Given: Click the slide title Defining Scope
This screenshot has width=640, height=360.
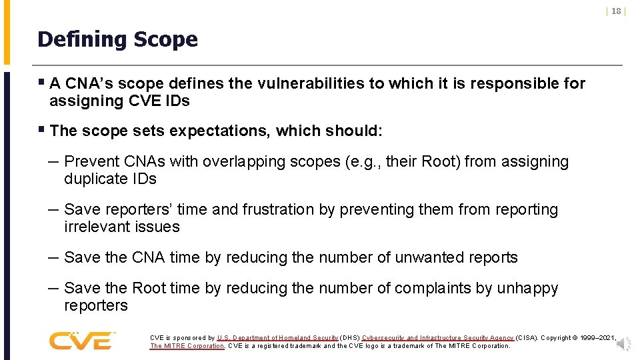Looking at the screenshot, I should pyautogui.click(x=117, y=39).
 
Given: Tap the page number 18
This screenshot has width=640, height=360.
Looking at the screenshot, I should pyautogui.click(x=616, y=11).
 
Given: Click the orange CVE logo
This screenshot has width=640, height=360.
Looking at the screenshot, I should pyautogui.click(x=81, y=341).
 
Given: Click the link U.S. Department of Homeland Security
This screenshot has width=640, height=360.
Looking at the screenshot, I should pyautogui.click(x=278, y=338).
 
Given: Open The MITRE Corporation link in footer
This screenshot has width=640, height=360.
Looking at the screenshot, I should pyautogui.click(x=187, y=346).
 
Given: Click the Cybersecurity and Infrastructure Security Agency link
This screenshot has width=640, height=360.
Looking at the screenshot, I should pyautogui.click(x=437, y=338).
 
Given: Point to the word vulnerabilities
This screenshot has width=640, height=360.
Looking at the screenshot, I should pyautogui.click(x=311, y=83).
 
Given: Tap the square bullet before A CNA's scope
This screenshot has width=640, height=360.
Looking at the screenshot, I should pyautogui.click(x=41, y=83).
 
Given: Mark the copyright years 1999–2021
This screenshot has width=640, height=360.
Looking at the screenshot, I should pyautogui.click(x=596, y=338).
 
